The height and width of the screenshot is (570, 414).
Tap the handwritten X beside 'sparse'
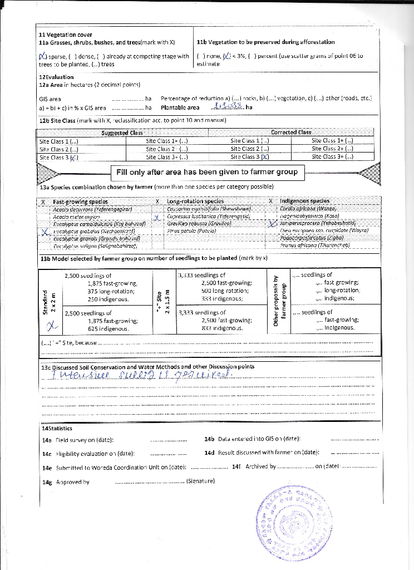pyautogui.click(x=43, y=56)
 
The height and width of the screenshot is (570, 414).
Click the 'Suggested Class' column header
pyautogui.click(x=122, y=132)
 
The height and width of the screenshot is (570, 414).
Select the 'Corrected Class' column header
pyautogui.click(x=290, y=132)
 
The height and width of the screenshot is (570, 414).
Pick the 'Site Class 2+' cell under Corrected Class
pyautogui.click(x=332, y=149)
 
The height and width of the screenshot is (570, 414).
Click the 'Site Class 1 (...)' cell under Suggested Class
pyautogui.click(x=58, y=141)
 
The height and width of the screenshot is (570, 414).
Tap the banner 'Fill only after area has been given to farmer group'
pyautogui.click(x=206, y=172)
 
